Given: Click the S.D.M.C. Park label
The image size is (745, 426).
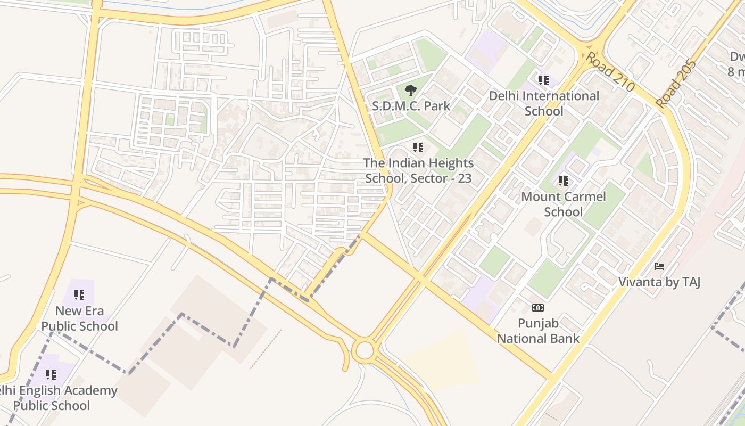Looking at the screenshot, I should point(410,105).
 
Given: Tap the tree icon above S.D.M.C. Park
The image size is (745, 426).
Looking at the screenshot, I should point(410,91).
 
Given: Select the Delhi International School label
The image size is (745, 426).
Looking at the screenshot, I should point(544,103).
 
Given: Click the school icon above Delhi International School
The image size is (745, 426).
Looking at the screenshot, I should point(543,80).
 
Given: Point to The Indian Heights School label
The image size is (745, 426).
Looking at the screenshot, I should point(418,170).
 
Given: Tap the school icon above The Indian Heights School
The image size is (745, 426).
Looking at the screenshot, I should point(418,147).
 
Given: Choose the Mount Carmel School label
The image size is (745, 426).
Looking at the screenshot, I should point(563,204).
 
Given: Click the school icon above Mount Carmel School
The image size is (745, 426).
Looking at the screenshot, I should point(564,181).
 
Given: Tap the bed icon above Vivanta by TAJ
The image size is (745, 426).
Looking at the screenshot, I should point(659,266).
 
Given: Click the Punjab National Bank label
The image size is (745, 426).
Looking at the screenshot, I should point(538,331).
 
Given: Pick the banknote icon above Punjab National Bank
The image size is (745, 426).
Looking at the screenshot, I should point(538,308).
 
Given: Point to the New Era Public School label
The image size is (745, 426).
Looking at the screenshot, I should point(79,318).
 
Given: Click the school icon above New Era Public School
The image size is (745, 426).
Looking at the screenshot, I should point(79,294).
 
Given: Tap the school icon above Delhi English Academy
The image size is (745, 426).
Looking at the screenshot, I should point(51,375).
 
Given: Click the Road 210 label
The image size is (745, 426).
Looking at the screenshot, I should point(610,71).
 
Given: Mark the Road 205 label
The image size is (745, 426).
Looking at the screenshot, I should point(676,84).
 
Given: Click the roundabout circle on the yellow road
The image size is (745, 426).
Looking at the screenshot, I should point(365,351).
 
